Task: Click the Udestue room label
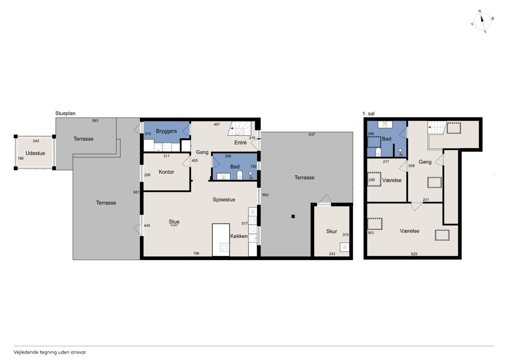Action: [x=35, y=153]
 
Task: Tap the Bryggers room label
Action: [x=166, y=131]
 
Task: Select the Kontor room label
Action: [x=166, y=172]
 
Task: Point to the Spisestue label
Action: [x=224, y=200]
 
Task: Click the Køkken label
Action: [x=239, y=236]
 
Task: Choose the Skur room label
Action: [x=332, y=232]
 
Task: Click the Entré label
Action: [x=241, y=142]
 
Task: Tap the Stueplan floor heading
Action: [x=65, y=113]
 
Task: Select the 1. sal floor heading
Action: [x=368, y=114]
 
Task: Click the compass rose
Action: [x=482, y=21]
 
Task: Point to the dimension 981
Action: [x=136, y=192]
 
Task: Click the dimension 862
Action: [x=265, y=195]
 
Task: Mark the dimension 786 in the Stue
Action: [x=196, y=253]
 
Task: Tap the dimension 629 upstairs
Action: [x=414, y=254]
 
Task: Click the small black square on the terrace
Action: [x=293, y=216]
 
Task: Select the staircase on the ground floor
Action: [x=239, y=128]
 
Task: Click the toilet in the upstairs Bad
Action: [x=378, y=152]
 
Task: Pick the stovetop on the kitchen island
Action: [x=225, y=247]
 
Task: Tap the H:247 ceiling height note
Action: [x=174, y=226]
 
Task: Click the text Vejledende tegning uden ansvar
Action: [x=50, y=352]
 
